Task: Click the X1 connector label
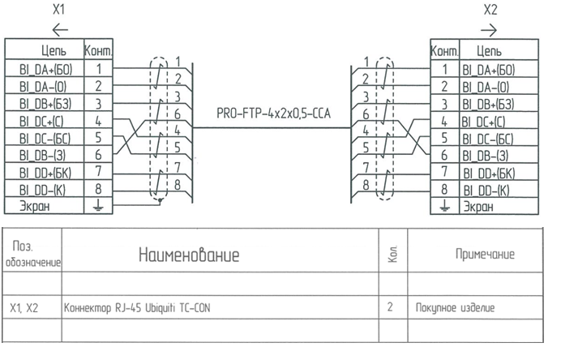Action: click(58, 11)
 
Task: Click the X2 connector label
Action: click(490, 11)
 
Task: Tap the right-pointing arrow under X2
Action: click(490, 30)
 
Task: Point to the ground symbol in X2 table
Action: click(444, 206)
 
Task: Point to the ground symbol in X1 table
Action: click(98, 206)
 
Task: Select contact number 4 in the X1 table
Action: click(98, 122)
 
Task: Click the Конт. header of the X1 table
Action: click(98, 52)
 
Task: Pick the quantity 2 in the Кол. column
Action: click(391, 308)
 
